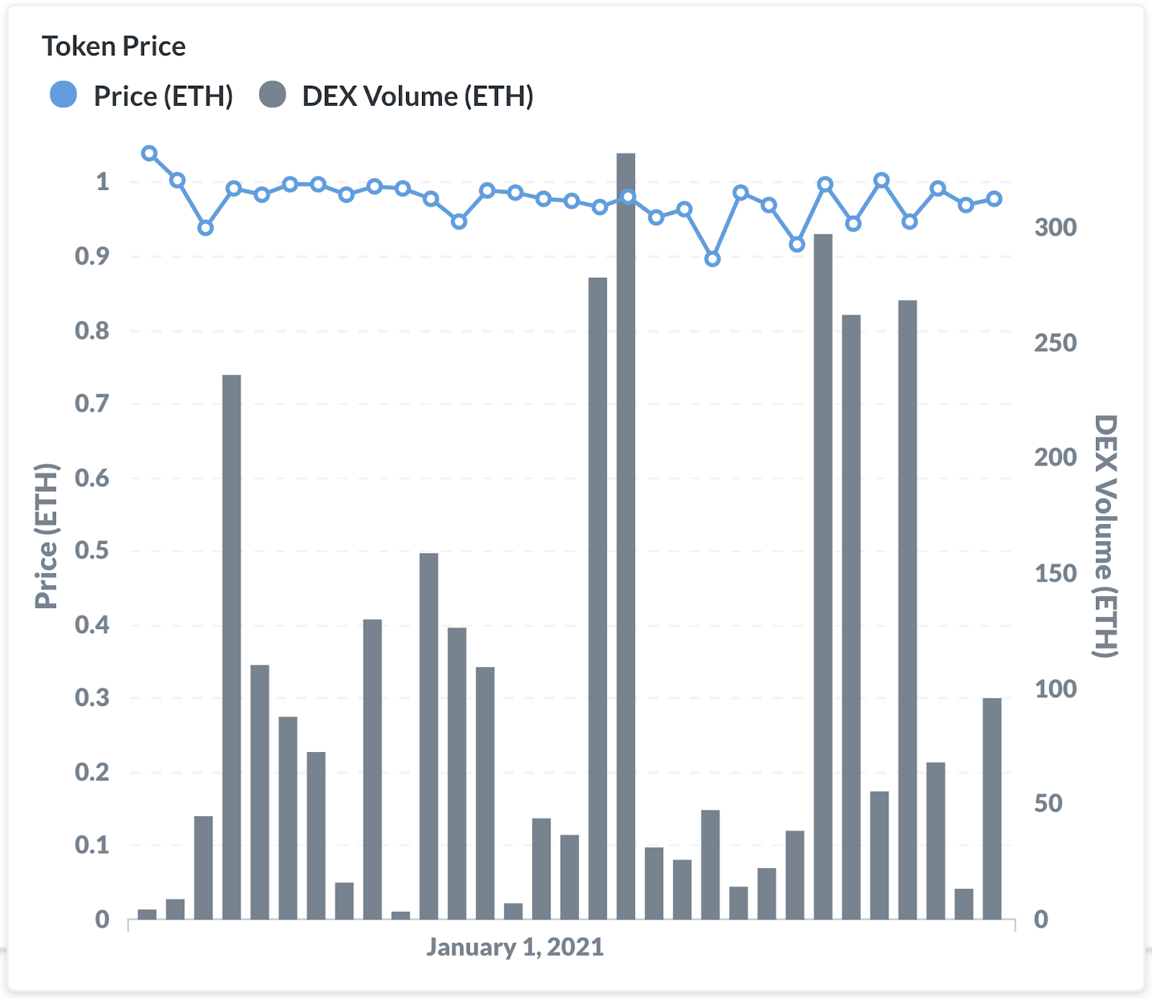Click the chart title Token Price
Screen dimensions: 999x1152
click(114, 47)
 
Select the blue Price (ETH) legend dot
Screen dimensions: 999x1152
click(63, 95)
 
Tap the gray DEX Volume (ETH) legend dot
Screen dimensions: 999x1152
click(272, 95)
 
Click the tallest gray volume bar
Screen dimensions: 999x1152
click(626, 535)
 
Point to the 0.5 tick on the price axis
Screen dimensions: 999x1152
click(92, 551)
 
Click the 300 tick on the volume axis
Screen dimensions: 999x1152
click(1055, 227)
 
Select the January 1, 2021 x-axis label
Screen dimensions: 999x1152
click(515, 946)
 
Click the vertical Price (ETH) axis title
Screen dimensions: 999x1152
click(47, 536)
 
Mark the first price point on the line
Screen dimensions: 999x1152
click(149, 153)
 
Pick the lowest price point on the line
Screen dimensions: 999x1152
click(712, 259)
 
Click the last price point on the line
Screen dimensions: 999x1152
click(994, 199)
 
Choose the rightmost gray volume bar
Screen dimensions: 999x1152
click(992, 808)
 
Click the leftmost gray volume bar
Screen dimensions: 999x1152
click(147, 914)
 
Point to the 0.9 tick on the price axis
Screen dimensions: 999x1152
click(92, 256)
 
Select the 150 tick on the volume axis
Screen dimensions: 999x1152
click(1055, 574)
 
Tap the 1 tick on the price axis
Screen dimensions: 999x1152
click(102, 182)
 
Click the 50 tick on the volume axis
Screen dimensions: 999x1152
click(1048, 803)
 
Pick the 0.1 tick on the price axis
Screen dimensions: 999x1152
click(92, 845)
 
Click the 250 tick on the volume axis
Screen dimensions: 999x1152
click(1055, 343)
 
